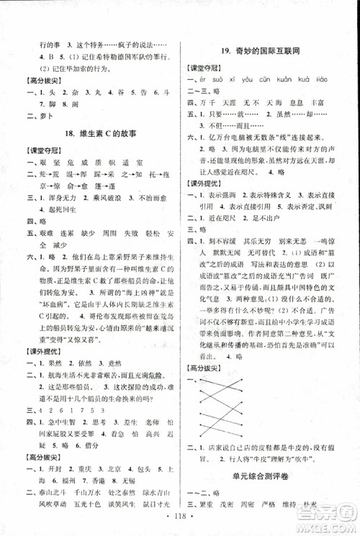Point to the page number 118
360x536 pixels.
pyautogui.click(x=179, y=517)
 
